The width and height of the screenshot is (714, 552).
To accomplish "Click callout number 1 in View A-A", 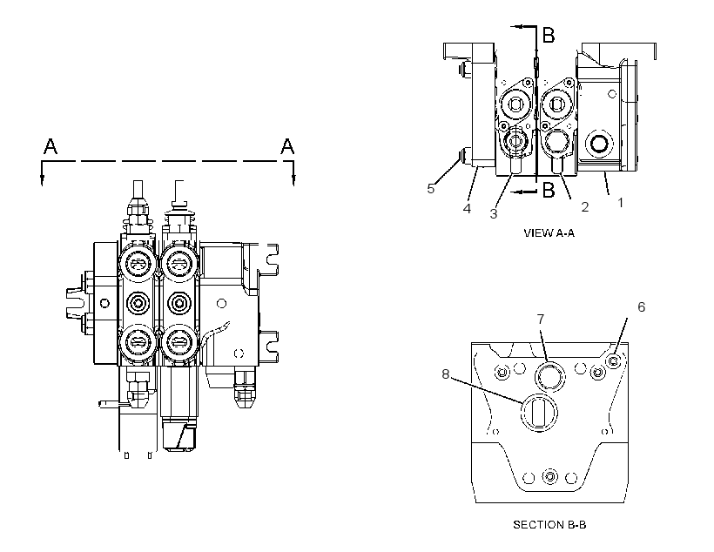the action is point(620,202).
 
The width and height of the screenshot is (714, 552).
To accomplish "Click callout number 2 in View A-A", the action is point(585,207).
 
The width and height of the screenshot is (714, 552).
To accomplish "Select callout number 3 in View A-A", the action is point(494,213).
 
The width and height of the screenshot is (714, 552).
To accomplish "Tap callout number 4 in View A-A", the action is point(467,209).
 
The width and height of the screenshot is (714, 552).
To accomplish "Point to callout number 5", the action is point(431,189).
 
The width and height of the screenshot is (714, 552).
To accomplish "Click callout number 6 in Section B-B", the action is point(641,307).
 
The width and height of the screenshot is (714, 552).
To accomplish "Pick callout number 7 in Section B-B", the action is point(541,320).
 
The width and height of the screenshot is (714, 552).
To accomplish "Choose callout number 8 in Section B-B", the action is point(445,374).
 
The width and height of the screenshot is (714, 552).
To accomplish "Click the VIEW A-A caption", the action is point(549,233).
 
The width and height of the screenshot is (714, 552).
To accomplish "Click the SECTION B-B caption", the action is point(549,525).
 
